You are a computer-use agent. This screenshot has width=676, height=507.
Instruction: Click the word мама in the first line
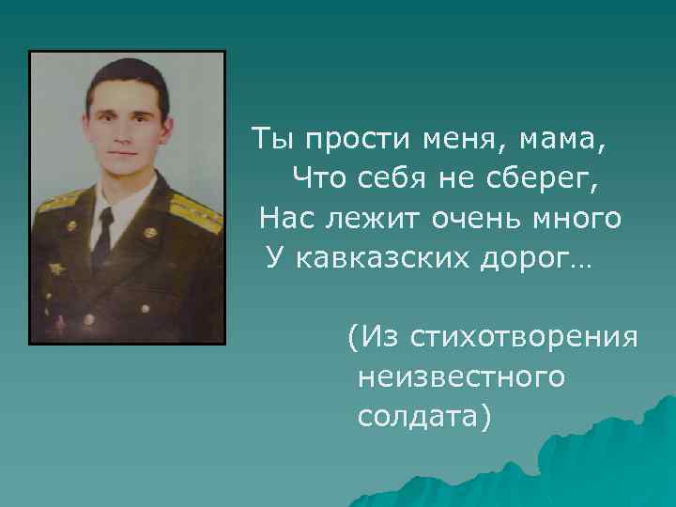[564, 141]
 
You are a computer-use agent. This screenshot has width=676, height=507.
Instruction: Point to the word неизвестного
[461, 376]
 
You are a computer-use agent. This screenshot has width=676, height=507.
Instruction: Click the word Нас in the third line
[282, 219]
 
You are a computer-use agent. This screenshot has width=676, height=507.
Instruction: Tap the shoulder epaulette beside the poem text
[197, 212]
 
